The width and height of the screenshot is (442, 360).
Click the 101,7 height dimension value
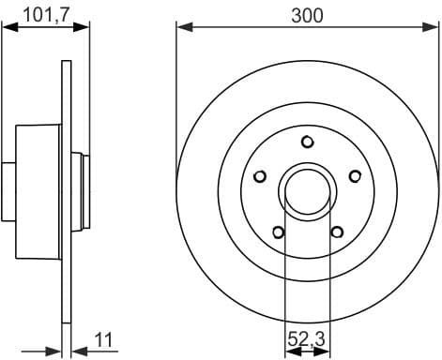pyautogui.click(x=35, y=14)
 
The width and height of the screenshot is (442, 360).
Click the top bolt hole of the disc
pyautogui.click(x=307, y=142)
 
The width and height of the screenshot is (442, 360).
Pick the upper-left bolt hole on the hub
pyautogui.click(x=262, y=175)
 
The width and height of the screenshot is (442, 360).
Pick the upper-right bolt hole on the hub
pyautogui.click(x=355, y=175)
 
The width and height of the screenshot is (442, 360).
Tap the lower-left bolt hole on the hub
pyautogui.click(x=278, y=231)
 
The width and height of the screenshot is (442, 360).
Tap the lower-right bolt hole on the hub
pyautogui.click(x=337, y=231)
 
